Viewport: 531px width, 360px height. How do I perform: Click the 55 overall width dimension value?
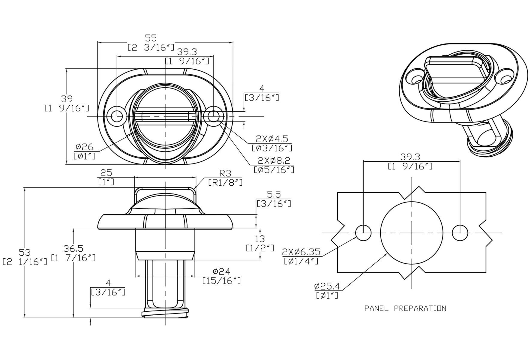pos(151,38)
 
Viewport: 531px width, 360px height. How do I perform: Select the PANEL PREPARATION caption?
pos(405,308)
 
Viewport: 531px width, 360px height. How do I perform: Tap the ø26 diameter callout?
pos(85,147)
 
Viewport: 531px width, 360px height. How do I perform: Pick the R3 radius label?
pos(226,173)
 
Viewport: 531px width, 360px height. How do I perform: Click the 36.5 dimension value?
pos(73,248)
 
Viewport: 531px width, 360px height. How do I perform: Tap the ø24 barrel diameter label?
pos(221,271)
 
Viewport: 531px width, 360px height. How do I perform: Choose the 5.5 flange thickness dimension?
pos(273,194)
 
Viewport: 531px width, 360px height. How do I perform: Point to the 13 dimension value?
pos(260,239)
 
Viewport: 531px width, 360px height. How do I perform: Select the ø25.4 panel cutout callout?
pos(327,286)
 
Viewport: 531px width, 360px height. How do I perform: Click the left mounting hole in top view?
pos(117,116)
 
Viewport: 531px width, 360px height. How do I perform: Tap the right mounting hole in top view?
pos(214,116)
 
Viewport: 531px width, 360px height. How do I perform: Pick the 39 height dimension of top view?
pos(67,99)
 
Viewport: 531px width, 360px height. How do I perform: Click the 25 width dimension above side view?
pos(106,173)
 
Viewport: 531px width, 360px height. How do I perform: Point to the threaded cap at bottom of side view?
pos(165,313)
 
